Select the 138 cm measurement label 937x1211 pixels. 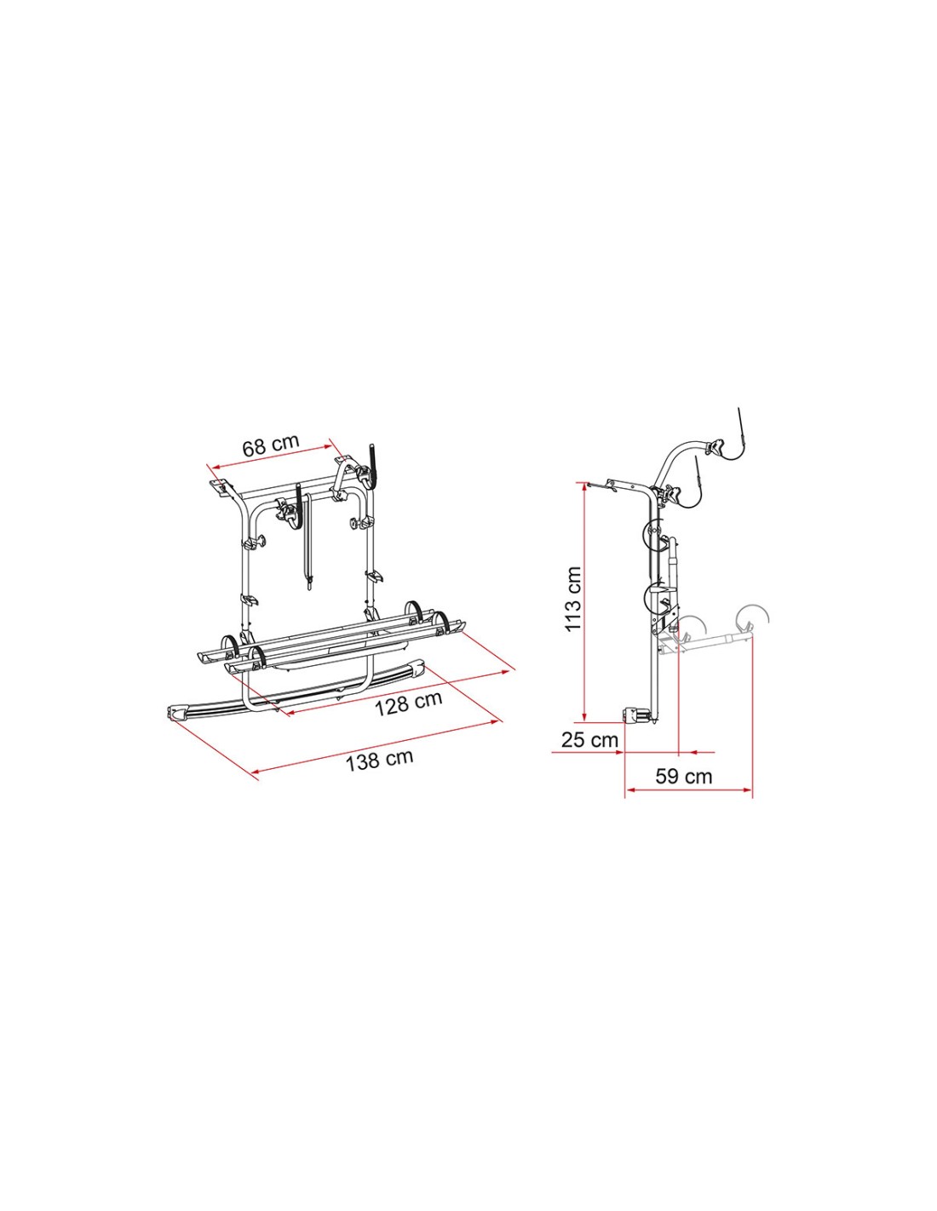379,760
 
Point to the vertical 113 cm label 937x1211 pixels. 572,599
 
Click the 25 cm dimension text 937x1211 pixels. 589,739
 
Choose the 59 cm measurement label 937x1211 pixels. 683,777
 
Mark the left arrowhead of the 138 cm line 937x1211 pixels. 256,772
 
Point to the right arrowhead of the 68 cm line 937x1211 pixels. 328,446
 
